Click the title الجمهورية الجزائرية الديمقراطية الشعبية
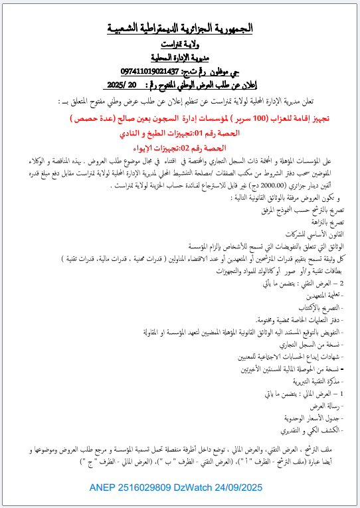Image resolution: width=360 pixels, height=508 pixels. pyautogui.click(x=181, y=29)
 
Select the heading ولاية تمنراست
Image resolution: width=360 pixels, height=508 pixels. pyautogui.click(x=181, y=44)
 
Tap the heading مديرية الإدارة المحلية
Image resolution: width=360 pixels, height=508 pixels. pyautogui.click(x=181, y=57)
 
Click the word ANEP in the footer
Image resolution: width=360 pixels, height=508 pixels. pyautogui.click(x=104, y=488)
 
